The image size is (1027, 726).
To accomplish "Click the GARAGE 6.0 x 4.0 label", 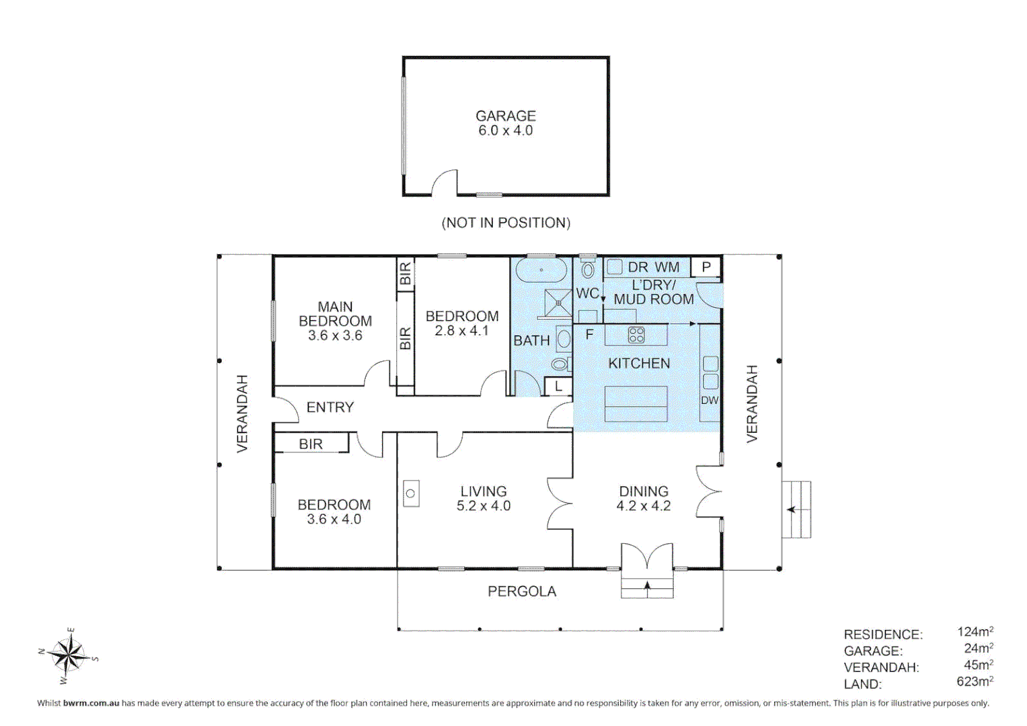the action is (x=506, y=123).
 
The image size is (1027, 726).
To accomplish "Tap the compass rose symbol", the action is (x=68, y=655).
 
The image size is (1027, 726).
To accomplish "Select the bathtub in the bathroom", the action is (x=541, y=270).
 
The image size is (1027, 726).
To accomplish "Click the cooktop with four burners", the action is (x=636, y=335).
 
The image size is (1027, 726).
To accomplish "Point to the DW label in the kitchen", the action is (x=710, y=400).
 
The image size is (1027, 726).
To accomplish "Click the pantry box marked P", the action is (x=706, y=267).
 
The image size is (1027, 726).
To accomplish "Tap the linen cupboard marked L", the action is (x=558, y=387).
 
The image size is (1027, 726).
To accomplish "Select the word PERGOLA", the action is (x=522, y=592).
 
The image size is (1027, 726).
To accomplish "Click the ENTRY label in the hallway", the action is (x=330, y=407).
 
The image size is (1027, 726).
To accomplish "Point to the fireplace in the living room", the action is (x=411, y=493).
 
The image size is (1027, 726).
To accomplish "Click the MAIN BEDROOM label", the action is (x=335, y=321).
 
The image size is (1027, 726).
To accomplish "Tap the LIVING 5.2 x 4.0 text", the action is (x=484, y=498).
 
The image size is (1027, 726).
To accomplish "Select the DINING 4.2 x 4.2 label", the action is (x=644, y=498).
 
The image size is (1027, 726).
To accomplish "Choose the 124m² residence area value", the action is (x=975, y=631).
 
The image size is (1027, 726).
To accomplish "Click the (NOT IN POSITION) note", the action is (x=506, y=223).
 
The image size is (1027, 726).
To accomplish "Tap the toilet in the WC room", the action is (x=588, y=269).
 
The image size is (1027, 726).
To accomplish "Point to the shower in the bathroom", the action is (x=558, y=303).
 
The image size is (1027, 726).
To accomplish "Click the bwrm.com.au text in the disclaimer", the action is (x=91, y=703).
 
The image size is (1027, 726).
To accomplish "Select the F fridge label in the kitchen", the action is (x=590, y=334).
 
